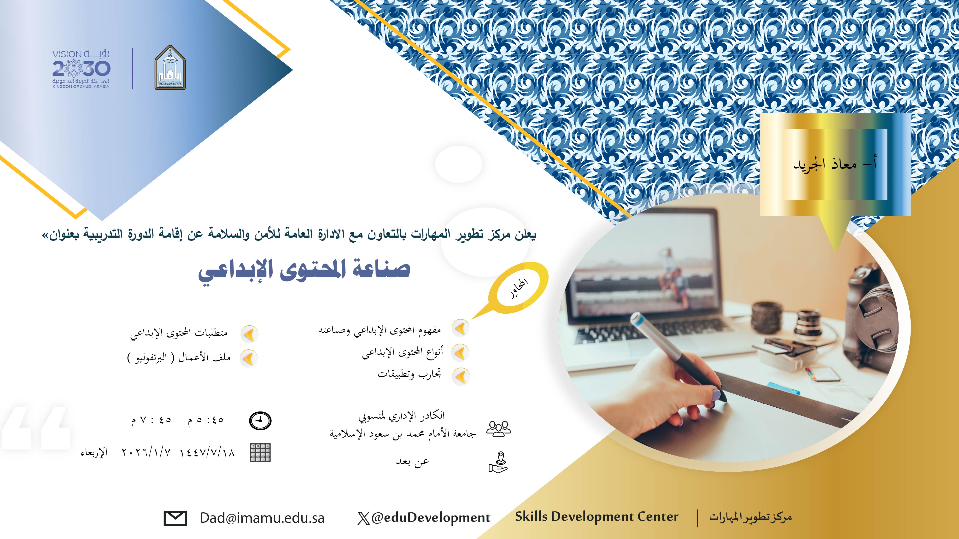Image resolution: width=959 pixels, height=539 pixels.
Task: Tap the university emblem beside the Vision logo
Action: [x=170, y=70]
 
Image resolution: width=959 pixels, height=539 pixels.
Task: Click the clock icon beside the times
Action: [x=260, y=421]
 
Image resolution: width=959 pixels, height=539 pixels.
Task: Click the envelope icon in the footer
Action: [x=175, y=518]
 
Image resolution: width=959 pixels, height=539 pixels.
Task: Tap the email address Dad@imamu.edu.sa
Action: [x=262, y=518]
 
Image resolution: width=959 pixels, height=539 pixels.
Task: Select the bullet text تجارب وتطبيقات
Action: [x=409, y=374]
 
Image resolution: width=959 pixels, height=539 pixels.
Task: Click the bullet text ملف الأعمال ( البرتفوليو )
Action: [x=179, y=358]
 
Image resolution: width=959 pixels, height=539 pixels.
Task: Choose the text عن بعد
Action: [x=412, y=462]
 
